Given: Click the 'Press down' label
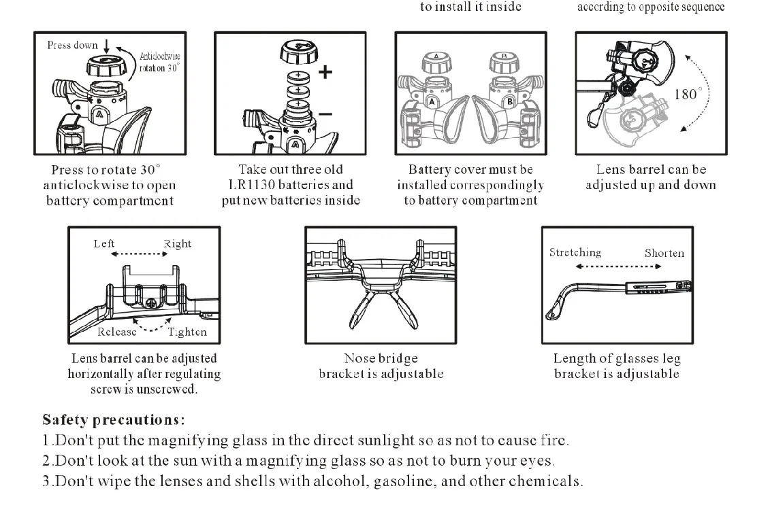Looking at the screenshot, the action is pos(72,46).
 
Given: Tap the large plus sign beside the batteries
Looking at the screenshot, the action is pos(325,71).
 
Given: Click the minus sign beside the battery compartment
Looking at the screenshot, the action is pos(325,114).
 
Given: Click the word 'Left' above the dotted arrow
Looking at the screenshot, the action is pos(104,244).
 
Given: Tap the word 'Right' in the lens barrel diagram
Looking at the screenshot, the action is pos(177,244).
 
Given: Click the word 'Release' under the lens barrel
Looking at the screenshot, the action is pos(116,332).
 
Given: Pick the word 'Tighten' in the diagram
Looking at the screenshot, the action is pos(187,332).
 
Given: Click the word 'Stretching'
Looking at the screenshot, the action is pos(575,253).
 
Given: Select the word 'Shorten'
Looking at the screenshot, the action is pos(664,253).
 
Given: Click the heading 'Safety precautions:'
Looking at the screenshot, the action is pos(114,420).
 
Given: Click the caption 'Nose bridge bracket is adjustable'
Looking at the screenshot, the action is pos(381,366).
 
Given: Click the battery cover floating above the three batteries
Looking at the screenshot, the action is pos(298,51).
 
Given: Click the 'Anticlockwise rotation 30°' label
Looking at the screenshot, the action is pos(160,63).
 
